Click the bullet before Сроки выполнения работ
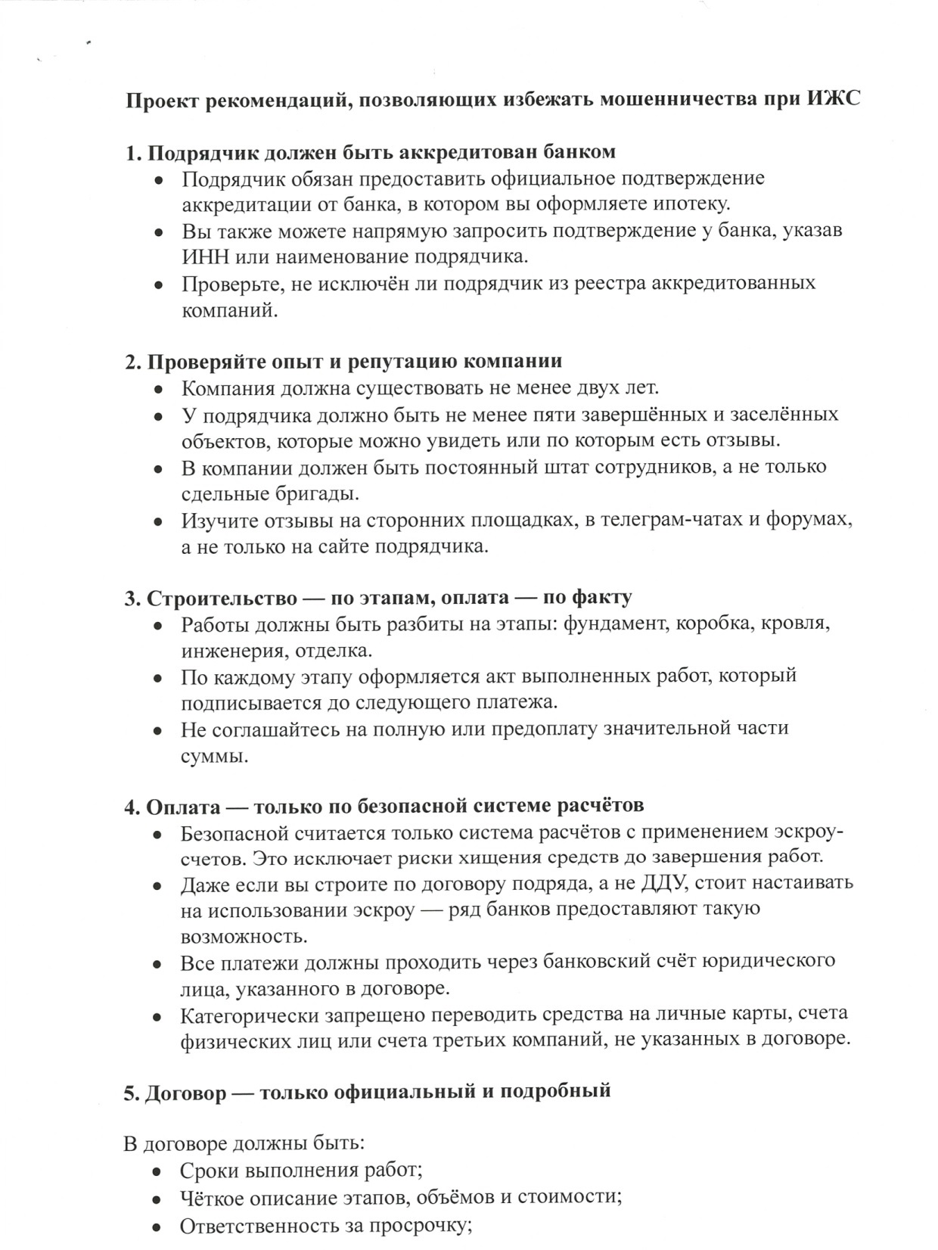point(157,1171)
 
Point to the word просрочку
point(418,1226)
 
